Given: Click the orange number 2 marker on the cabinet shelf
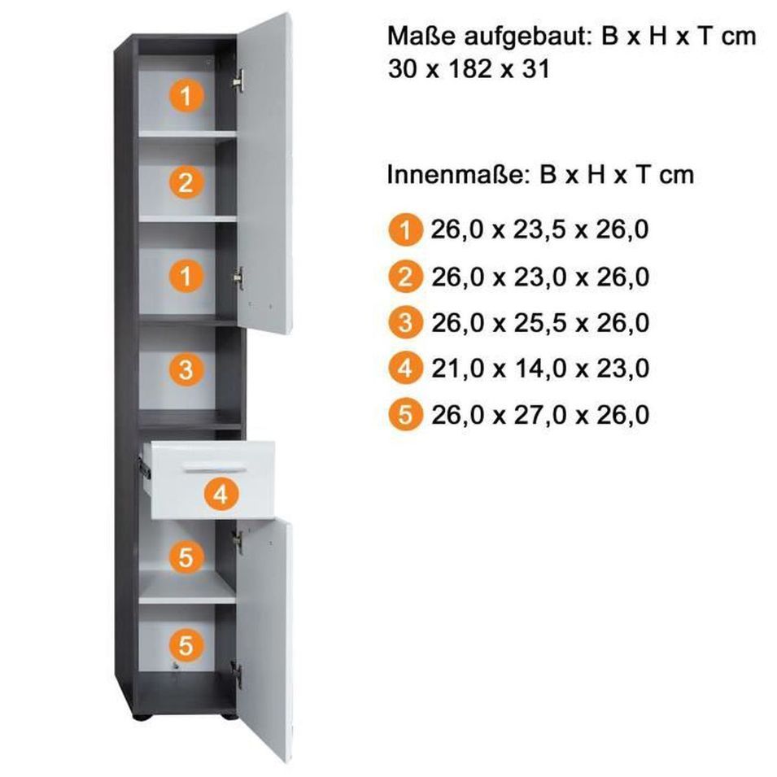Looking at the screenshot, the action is click(x=186, y=182).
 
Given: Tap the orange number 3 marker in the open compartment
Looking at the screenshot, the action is click(x=186, y=369).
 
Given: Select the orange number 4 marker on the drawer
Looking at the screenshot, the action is click(x=221, y=495).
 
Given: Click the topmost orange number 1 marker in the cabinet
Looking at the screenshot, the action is click(x=186, y=95).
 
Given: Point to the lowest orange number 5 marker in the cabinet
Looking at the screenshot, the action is click(x=186, y=646).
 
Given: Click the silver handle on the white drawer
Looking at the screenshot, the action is click(x=214, y=467).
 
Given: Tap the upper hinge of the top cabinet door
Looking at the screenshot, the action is click(x=239, y=81).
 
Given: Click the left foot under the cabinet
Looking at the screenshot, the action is click(x=140, y=716).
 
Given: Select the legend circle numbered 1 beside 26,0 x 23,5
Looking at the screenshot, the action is click(x=405, y=230).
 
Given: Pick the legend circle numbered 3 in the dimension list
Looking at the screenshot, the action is click(x=405, y=322).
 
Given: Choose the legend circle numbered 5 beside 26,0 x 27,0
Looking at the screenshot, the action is click(x=405, y=415).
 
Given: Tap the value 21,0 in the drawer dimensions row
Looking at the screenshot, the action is click(x=457, y=369).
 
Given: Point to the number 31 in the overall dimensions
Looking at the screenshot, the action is click(x=535, y=69).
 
